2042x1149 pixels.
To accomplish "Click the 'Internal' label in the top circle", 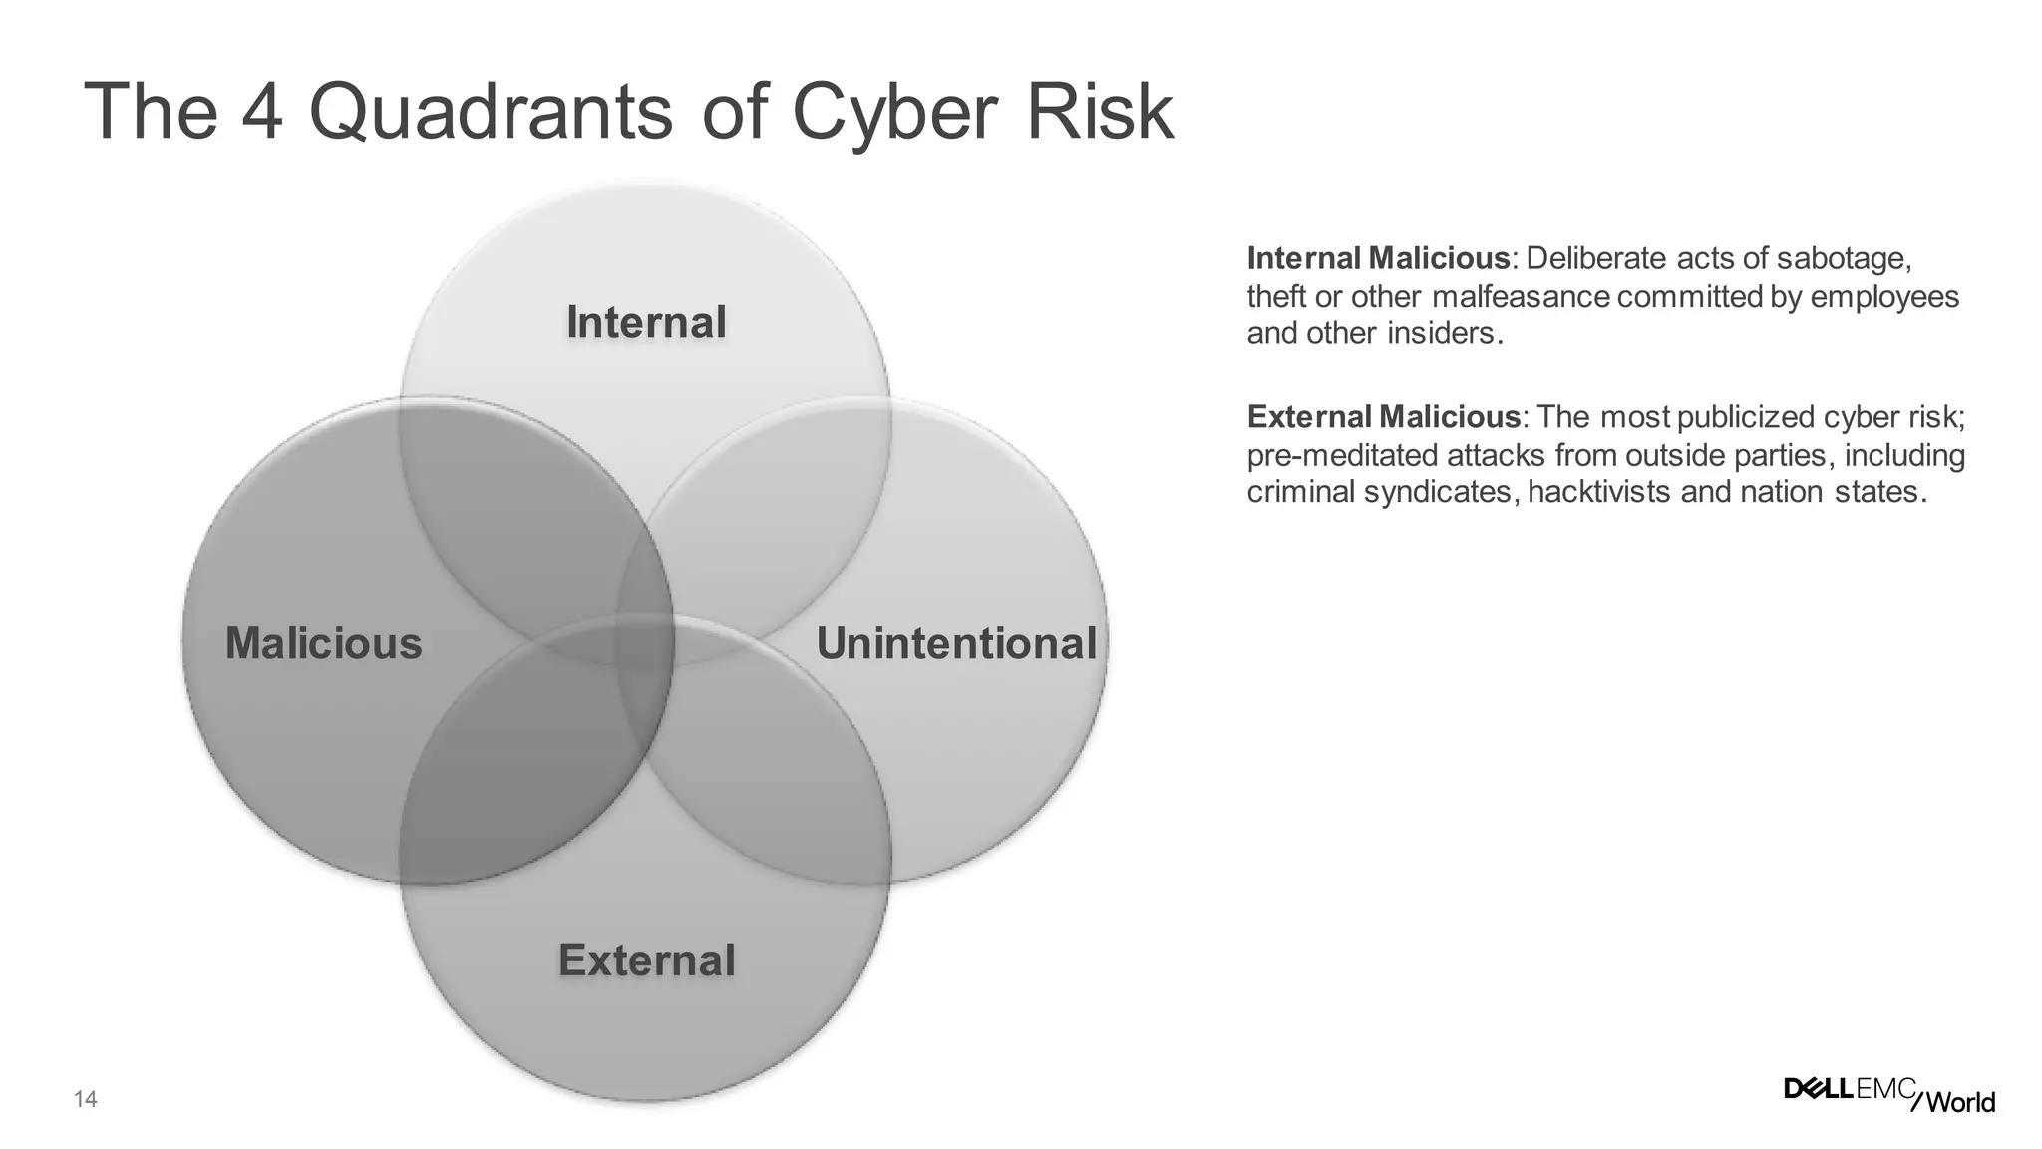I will point(646,323).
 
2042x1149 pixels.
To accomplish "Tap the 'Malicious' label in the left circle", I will point(324,643).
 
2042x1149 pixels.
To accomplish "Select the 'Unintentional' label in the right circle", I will point(956,643).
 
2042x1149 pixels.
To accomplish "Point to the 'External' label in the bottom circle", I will point(646,960).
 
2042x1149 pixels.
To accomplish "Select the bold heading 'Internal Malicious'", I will point(1378,259).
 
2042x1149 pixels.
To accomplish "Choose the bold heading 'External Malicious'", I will point(1384,417).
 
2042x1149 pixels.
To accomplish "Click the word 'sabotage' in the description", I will point(1844,259).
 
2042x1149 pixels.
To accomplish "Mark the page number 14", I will point(86,1100).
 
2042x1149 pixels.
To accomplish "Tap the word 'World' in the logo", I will point(1960,1102).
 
